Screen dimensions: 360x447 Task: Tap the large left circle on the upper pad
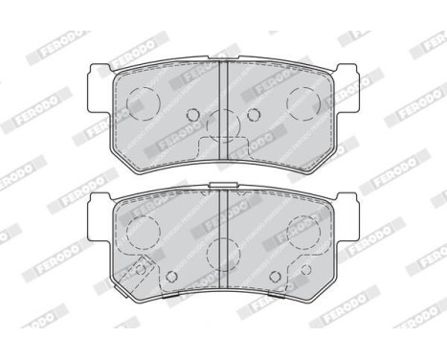tap(141, 99)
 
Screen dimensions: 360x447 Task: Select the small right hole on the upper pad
tap(253, 115)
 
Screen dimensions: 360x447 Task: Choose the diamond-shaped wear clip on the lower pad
tap(141, 269)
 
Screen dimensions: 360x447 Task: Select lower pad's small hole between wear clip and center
tap(171, 278)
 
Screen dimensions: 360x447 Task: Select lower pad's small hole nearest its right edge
tap(302, 269)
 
